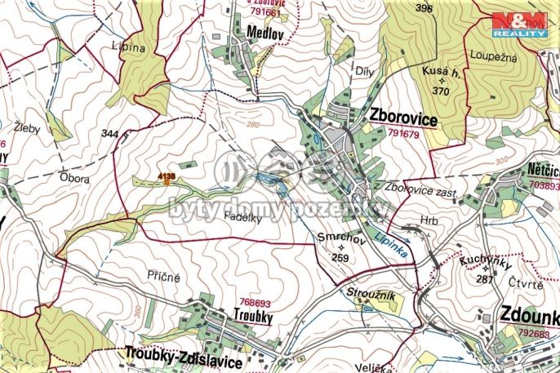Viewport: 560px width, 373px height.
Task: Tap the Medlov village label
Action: (263, 33)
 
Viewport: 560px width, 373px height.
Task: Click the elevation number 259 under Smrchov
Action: (341, 256)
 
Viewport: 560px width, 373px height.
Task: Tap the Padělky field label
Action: (241, 216)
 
